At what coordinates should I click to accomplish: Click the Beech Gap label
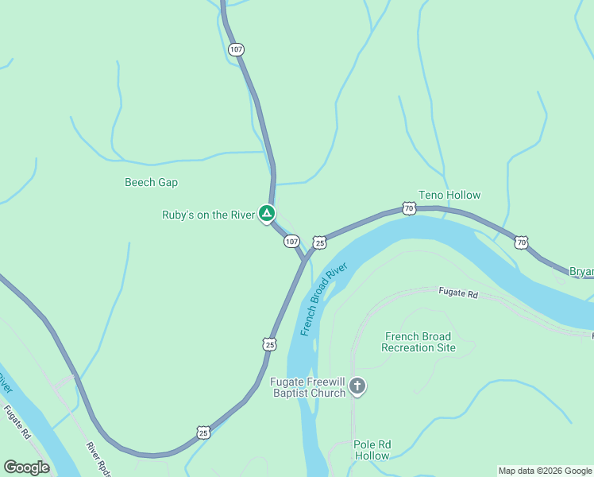[151, 182]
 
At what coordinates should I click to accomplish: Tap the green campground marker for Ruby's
[267, 214]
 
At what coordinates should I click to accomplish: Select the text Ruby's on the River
[208, 215]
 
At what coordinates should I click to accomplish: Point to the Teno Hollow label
[449, 195]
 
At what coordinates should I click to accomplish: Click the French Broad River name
[324, 299]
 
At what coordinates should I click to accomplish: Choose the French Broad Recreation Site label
[418, 342]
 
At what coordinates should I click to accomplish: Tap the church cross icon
[357, 387]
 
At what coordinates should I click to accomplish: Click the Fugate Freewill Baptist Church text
[308, 387]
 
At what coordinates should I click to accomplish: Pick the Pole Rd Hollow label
[372, 450]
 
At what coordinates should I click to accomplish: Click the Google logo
[27, 467]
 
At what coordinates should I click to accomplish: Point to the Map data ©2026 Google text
[545, 471]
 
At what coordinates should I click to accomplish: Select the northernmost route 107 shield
[236, 49]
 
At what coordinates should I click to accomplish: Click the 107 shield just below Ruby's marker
[291, 241]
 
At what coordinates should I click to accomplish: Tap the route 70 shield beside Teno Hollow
[409, 208]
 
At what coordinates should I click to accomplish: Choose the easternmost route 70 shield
[521, 242]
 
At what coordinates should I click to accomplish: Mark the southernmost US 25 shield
[204, 432]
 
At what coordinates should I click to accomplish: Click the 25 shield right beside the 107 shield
[318, 242]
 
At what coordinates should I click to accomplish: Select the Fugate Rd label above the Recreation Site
[459, 293]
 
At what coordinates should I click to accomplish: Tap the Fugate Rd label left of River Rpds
[17, 423]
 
